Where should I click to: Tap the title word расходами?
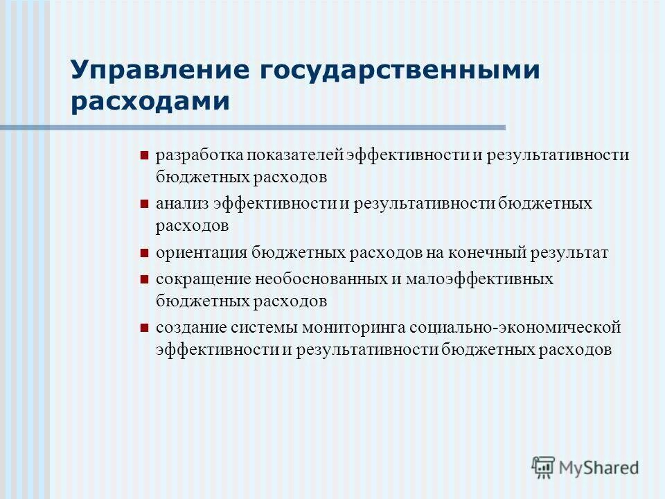tap(150, 102)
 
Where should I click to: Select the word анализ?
tap(181, 204)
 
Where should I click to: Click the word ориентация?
tap(201, 252)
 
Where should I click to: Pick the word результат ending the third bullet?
tap(569, 252)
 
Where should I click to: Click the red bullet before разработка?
tap(144, 155)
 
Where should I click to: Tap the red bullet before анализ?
tap(144, 204)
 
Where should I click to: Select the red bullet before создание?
tap(144, 328)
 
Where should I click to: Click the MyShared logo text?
tap(599, 468)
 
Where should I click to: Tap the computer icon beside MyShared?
tap(544, 468)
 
